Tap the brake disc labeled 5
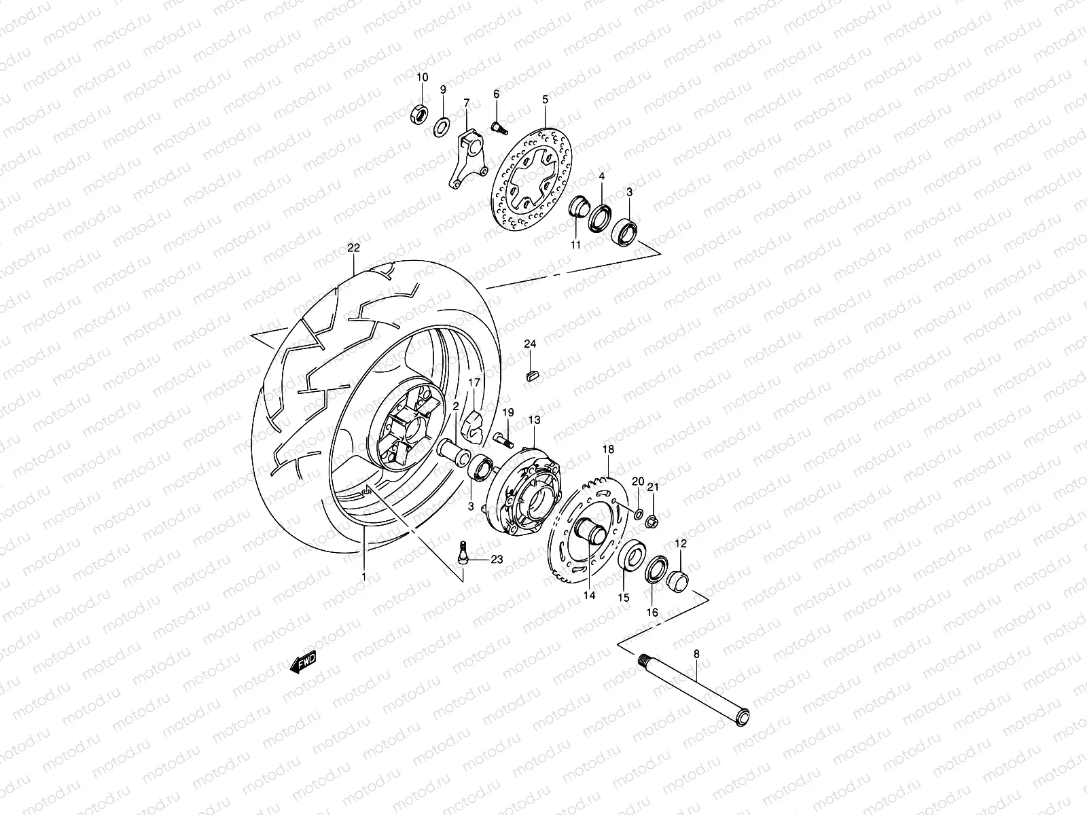(x=532, y=179)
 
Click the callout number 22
(x=353, y=248)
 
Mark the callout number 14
(x=588, y=595)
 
